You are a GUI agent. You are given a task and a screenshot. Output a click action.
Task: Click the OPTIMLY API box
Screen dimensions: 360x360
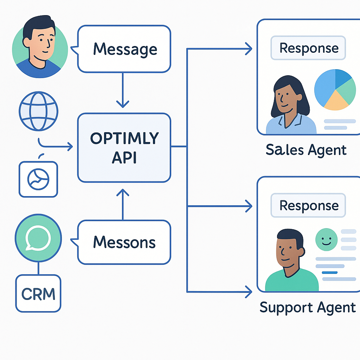click(124, 148)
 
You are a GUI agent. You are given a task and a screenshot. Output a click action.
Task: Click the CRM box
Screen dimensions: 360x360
click(38, 294)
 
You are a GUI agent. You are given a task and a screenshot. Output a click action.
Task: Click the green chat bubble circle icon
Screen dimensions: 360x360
click(38, 238)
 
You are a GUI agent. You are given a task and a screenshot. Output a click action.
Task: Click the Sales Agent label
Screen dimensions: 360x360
click(306, 150)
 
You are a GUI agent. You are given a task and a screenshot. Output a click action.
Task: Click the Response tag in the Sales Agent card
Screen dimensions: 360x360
click(308, 49)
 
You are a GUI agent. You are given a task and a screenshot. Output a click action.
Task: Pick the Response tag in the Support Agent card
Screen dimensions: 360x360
click(308, 206)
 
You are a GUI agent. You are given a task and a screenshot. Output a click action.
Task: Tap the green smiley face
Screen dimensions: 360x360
click(327, 239)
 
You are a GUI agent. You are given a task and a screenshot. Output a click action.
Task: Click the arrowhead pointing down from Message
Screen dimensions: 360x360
click(123, 104)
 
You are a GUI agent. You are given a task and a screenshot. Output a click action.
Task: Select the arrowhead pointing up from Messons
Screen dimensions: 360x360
click(123, 193)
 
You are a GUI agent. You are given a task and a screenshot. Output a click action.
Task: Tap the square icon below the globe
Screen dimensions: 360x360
click(38, 179)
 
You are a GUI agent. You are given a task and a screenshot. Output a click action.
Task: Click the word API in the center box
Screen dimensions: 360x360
click(124, 158)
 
